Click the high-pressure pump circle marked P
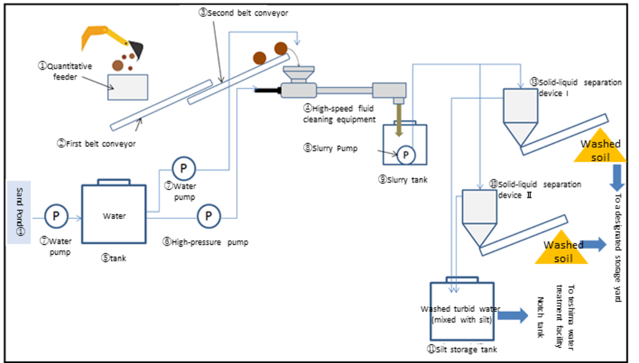point(209,216)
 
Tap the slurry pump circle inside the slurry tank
point(406,155)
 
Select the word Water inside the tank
point(114,216)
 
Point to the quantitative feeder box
point(127,87)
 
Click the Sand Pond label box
point(19,212)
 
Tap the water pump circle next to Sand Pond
point(56,216)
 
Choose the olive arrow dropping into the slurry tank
point(399,120)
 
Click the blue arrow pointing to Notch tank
point(513,316)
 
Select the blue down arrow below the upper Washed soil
point(617,178)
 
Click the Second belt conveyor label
point(243,13)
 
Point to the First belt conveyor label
point(96,143)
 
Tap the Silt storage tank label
point(462,349)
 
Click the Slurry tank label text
point(403,180)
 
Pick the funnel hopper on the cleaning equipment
point(299,75)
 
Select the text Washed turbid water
point(460,309)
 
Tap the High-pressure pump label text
point(206,242)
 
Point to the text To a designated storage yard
point(618,248)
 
